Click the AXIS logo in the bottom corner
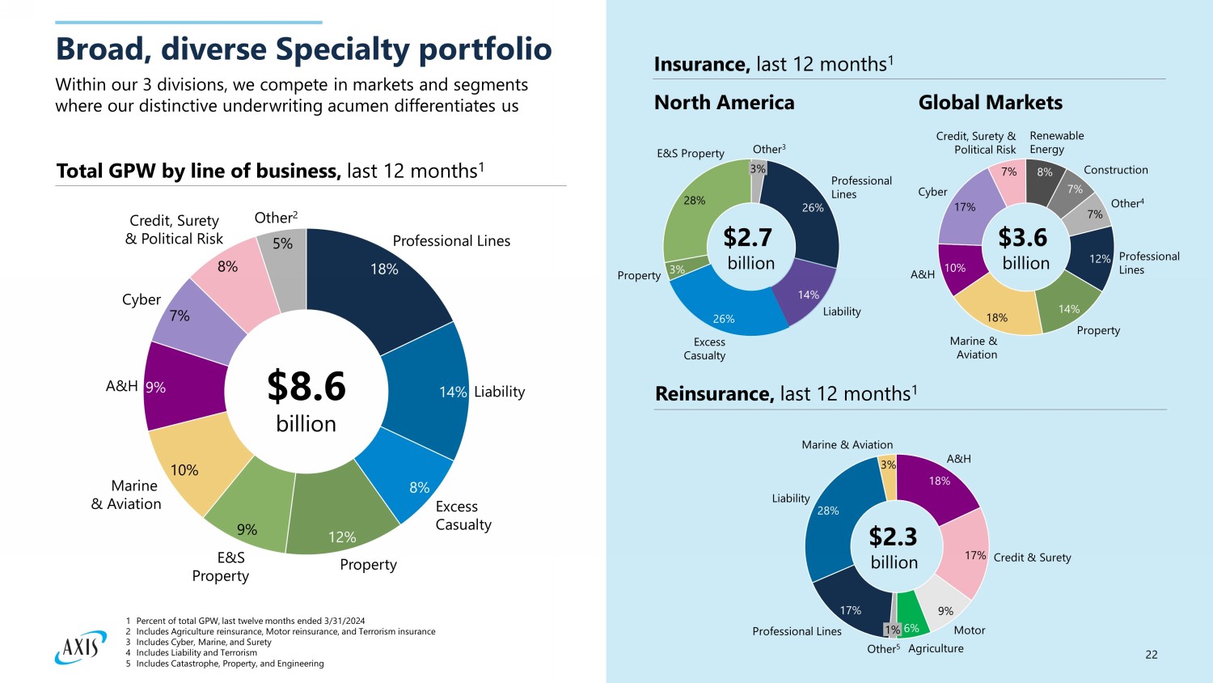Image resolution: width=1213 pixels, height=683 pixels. (x=81, y=647)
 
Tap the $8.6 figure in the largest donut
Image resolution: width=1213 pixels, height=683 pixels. (x=306, y=387)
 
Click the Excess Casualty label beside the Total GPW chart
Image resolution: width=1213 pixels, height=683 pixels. (x=463, y=515)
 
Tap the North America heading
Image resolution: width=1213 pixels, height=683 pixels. (x=724, y=103)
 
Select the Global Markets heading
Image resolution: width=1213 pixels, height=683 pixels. (x=990, y=103)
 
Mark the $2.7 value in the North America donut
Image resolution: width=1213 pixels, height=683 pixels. (x=747, y=238)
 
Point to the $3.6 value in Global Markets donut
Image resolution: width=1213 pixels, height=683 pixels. (x=1022, y=238)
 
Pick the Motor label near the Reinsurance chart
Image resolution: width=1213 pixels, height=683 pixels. (x=969, y=630)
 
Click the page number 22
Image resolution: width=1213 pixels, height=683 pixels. (x=1152, y=655)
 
